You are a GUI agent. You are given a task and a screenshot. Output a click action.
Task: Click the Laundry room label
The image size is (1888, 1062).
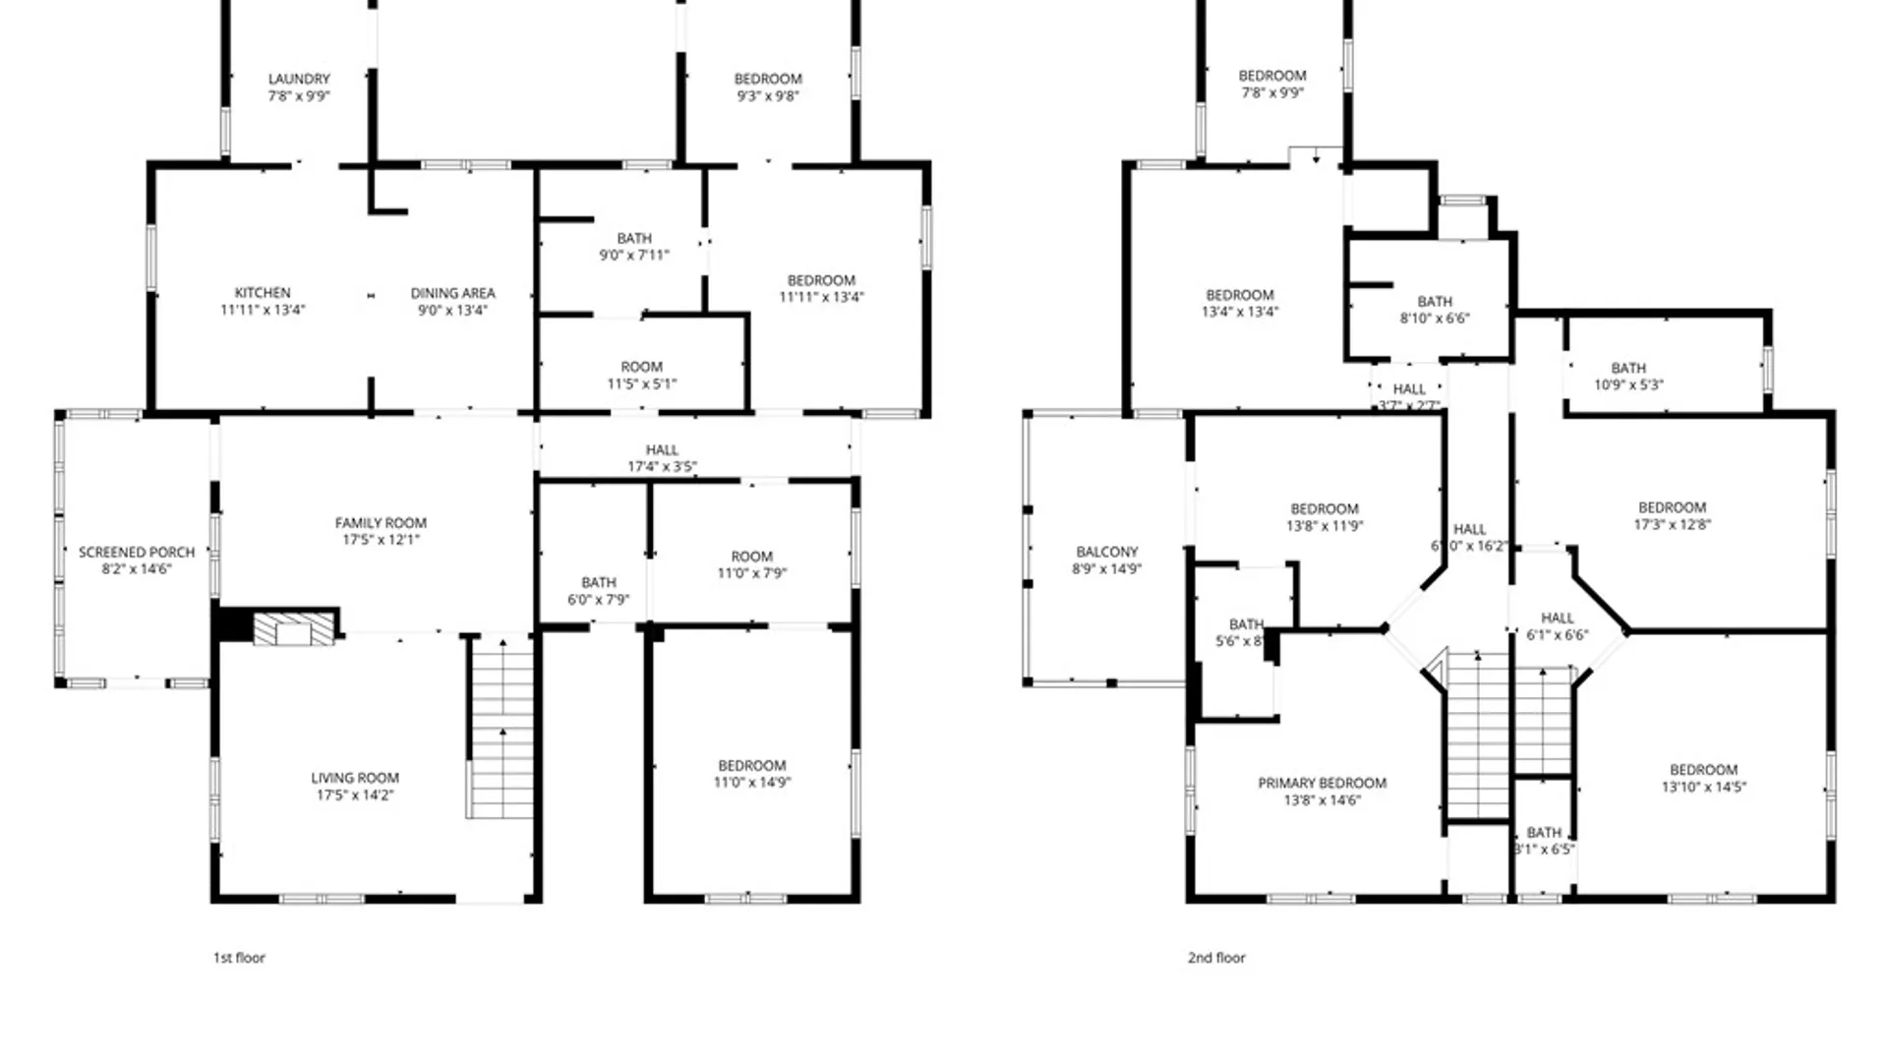tap(299, 79)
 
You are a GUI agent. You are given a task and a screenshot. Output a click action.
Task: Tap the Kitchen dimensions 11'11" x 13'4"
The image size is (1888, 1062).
tap(263, 310)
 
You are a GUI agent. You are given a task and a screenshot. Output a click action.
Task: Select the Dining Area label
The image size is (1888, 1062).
tap(452, 293)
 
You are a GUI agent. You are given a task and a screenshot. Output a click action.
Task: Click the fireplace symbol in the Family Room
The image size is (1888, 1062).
tap(293, 629)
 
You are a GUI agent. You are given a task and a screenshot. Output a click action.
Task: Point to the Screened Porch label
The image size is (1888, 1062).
tap(137, 553)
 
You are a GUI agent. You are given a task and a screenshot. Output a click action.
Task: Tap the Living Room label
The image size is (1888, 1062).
tap(355, 778)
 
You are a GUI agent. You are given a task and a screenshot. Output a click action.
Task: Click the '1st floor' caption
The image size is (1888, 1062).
tap(239, 957)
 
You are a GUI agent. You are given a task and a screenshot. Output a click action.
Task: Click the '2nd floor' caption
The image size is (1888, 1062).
tap(1216, 957)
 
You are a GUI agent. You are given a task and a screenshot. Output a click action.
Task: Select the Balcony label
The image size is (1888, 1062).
tap(1107, 553)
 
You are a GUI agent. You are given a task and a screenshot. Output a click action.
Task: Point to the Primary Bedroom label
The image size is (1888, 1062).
tap(1322, 784)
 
